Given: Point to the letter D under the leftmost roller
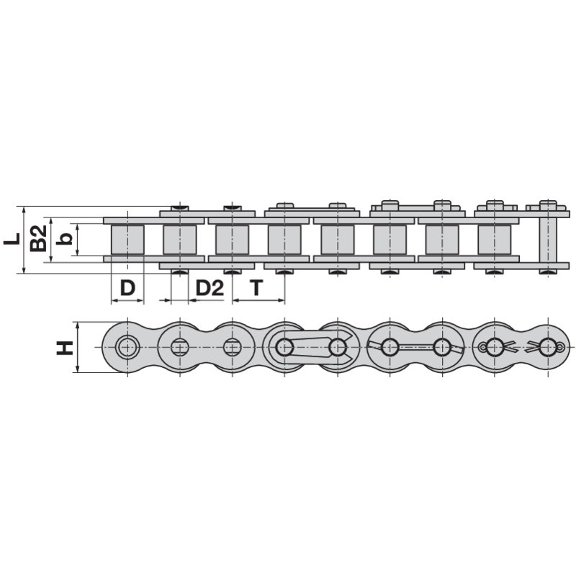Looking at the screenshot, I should pos(127,288).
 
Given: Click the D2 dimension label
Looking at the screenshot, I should pos(210,288).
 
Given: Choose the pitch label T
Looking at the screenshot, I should pos(257,288).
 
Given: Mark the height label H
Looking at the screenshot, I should pos(65,348).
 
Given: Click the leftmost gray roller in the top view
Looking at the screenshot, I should pos(127,239).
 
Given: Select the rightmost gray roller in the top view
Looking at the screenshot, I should pos(495,239).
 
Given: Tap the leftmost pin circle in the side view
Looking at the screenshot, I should pos(127,347).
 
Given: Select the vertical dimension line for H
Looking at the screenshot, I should pos(77,347).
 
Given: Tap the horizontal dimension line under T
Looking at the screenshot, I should pos(258,300).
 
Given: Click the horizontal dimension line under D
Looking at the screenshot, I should pos(127,300).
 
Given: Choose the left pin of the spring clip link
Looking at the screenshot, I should pos(284,347).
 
